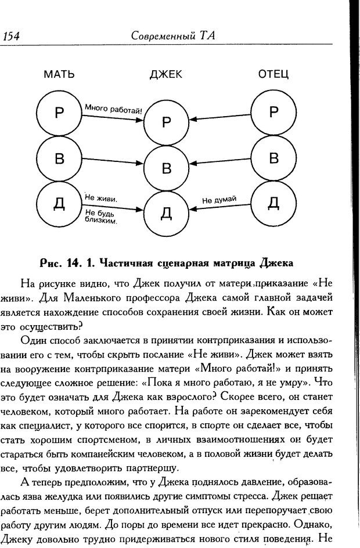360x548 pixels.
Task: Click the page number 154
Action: point(12,36)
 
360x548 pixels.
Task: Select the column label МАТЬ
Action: point(59,74)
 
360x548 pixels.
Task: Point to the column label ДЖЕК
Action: point(165,74)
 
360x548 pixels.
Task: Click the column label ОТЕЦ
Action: point(273,74)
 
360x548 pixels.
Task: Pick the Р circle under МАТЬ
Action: point(59,113)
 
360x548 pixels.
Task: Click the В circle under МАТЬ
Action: point(59,158)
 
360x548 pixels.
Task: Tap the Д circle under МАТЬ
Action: point(59,203)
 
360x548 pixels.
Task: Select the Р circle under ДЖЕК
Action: point(167,122)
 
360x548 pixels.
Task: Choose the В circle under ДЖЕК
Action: point(167,168)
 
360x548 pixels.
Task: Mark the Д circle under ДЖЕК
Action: point(167,212)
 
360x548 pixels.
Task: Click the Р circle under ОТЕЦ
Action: point(273,113)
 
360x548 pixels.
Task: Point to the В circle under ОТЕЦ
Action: point(273,158)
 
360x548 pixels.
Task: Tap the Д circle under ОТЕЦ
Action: point(273,203)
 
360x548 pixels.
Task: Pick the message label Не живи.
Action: point(100,198)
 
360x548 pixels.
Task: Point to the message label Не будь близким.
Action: point(100,217)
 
